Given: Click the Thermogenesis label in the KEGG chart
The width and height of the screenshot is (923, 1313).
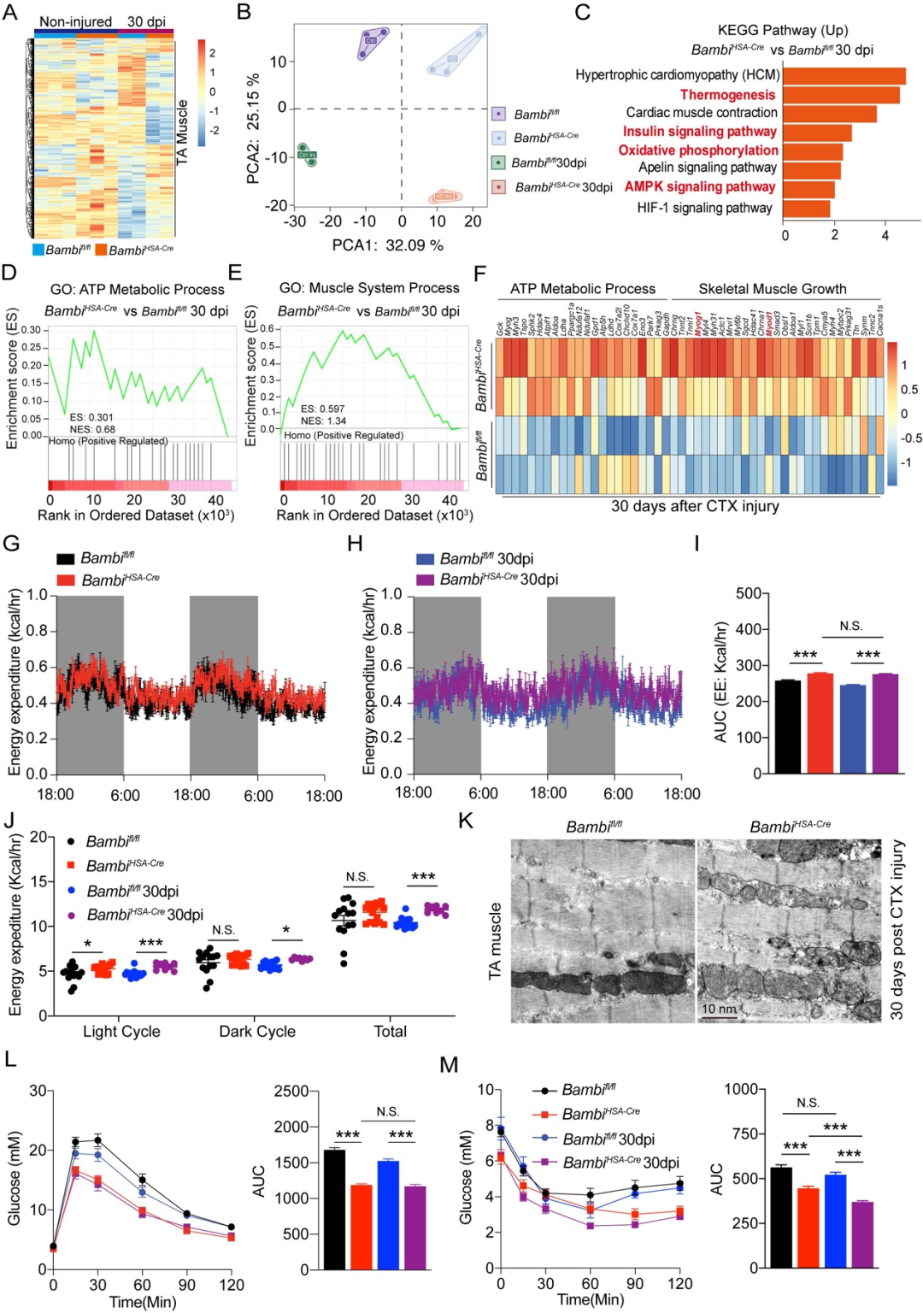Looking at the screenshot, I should pos(727,95).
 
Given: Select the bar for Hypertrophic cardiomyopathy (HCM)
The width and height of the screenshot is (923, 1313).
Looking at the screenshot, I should pos(844,75).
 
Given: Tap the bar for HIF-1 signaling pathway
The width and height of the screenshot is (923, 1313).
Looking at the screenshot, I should pos(806,208).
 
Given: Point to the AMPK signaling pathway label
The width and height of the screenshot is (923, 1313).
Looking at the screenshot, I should pos(700,186).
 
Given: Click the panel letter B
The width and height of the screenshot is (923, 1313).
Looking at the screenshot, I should pos(244,12).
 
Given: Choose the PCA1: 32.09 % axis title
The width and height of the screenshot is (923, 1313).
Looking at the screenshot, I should pos(388,245).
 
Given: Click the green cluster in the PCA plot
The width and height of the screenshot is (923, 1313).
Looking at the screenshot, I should pos(307,155).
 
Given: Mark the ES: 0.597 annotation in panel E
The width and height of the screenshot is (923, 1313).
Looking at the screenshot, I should pos(323,409).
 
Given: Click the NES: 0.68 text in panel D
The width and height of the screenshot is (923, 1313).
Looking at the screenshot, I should pos(92,429).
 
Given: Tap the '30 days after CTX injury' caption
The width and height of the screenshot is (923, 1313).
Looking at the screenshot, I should pos(695,506).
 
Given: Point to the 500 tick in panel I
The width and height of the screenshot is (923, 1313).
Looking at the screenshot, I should pos(749,593).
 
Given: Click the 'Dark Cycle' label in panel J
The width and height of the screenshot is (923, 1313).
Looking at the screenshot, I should pos(257,1032).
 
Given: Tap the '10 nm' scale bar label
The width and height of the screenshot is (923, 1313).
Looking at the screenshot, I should pos(719,1009).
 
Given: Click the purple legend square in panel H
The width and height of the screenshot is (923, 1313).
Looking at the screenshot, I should pos(425,580).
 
